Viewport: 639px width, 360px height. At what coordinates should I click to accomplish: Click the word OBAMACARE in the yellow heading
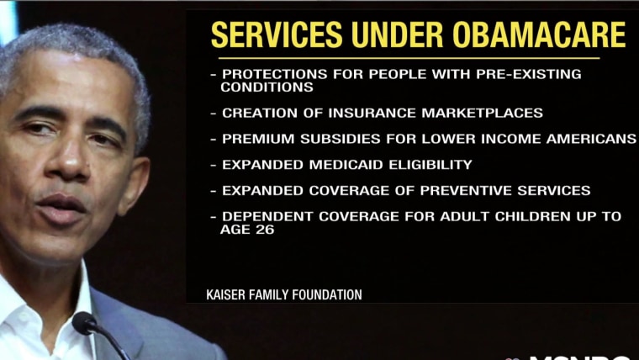(x=539, y=34)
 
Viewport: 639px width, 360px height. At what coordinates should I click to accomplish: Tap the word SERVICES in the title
(x=277, y=34)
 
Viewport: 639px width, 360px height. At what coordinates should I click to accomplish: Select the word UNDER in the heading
(x=398, y=34)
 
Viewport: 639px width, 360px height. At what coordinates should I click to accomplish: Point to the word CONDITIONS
(x=267, y=87)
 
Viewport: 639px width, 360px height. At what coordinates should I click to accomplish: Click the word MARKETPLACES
(x=482, y=113)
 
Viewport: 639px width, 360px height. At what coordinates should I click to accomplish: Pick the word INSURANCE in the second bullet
(x=372, y=113)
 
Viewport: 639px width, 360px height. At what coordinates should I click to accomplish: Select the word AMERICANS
(x=591, y=139)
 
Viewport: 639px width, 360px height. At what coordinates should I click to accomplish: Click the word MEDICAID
(x=346, y=165)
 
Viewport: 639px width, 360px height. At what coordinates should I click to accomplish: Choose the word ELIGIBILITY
(x=430, y=165)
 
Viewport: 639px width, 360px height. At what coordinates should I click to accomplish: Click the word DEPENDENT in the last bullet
(x=268, y=216)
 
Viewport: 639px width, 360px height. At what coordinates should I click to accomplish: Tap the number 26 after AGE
(x=266, y=230)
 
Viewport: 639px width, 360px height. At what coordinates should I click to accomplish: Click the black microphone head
(x=84, y=323)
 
